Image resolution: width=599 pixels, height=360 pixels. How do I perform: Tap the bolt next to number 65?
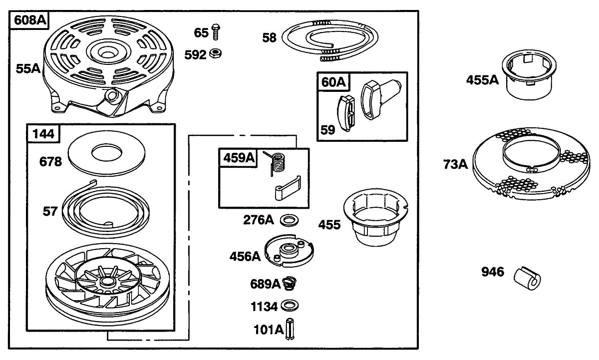[x=216, y=32]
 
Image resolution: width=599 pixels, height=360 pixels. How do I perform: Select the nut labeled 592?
[x=217, y=52]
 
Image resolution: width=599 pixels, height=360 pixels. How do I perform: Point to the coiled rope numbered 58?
[x=329, y=39]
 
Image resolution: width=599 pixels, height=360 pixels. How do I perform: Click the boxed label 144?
[x=44, y=133]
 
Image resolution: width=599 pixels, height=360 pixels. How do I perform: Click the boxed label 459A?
[x=238, y=158]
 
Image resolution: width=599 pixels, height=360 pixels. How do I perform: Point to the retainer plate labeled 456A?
[x=290, y=249]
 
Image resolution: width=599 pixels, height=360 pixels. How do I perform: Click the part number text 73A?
[x=455, y=164]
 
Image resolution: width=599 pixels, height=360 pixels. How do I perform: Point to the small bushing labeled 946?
[x=527, y=277]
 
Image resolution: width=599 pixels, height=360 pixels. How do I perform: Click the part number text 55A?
[x=28, y=69]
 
